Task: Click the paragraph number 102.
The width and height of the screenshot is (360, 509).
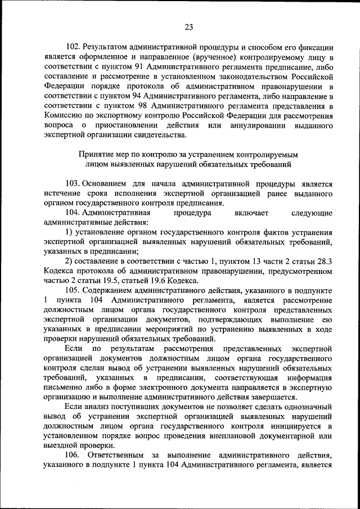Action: tap(73, 48)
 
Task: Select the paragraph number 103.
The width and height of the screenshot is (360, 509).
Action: tap(73, 184)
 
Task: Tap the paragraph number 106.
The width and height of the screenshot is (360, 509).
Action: tap(74, 454)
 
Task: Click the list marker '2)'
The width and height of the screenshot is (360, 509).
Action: tap(70, 261)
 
